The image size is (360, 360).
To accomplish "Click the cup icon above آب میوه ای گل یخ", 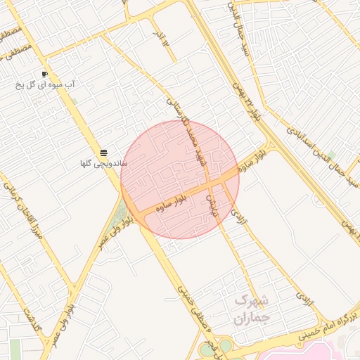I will (44, 74).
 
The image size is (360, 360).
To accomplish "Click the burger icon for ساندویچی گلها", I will (104, 153).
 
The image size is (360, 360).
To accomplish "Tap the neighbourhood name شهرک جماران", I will (251, 309).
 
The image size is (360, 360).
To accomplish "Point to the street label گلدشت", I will (32, 319).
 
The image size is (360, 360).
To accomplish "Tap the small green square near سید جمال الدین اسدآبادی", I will (330, 155).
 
